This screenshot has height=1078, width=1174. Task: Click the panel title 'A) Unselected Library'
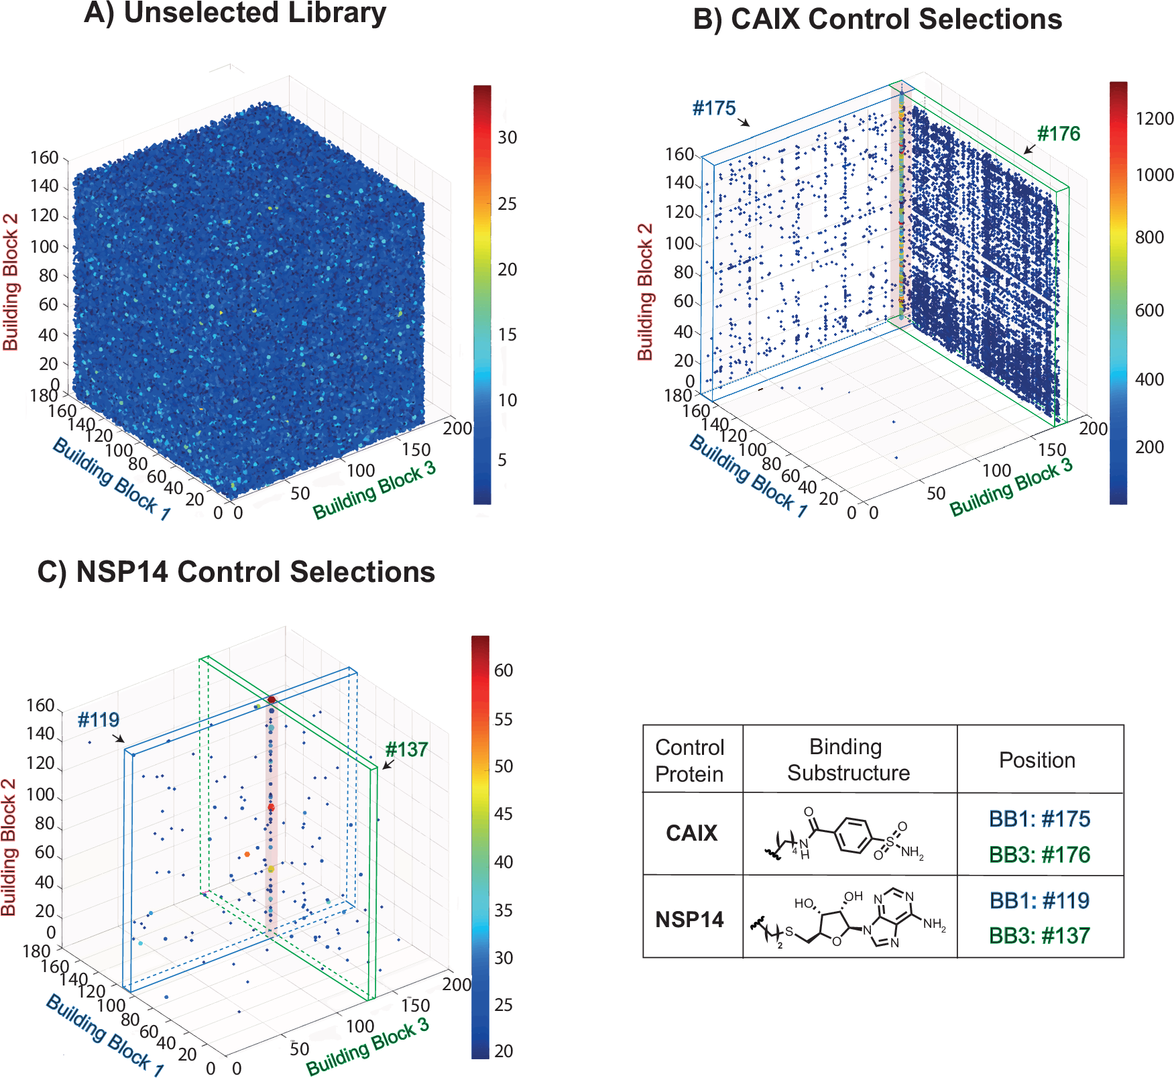pyautogui.click(x=235, y=13)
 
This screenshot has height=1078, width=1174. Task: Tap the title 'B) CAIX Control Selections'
pyautogui.click(x=877, y=19)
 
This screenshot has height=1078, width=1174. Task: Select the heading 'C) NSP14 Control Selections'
pyautogui.click(x=236, y=573)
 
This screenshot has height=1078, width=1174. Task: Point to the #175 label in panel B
pyautogui.click(x=713, y=109)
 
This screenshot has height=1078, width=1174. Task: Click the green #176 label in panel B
pyautogui.click(x=1058, y=134)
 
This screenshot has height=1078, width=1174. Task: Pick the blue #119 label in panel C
pyautogui.click(x=98, y=720)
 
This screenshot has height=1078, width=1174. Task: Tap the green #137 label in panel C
pyautogui.click(x=406, y=750)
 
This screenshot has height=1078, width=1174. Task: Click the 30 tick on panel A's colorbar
pyautogui.click(x=507, y=137)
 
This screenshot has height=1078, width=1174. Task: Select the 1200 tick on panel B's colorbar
pyautogui.click(x=1154, y=119)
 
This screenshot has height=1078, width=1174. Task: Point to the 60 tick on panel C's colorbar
pyautogui.click(x=504, y=670)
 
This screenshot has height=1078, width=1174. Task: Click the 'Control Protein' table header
pyautogui.click(x=690, y=760)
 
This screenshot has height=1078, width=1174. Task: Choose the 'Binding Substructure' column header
pyautogui.click(x=847, y=760)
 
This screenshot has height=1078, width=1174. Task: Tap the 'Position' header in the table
pyautogui.click(x=1037, y=760)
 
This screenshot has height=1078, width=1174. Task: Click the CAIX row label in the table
pyautogui.click(x=691, y=833)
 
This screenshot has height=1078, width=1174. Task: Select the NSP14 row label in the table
pyautogui.click(x=689, y=919)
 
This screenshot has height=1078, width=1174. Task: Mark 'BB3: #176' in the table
pyautogui.click(x=1039, y=855)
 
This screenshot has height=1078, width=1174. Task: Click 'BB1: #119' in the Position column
pyautogui.click(x=1039, y=901)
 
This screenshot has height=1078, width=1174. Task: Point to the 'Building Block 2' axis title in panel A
pyautogui.click(x=11, y=282)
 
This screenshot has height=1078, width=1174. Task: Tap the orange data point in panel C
pyautogui.click(x=247, y=854)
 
